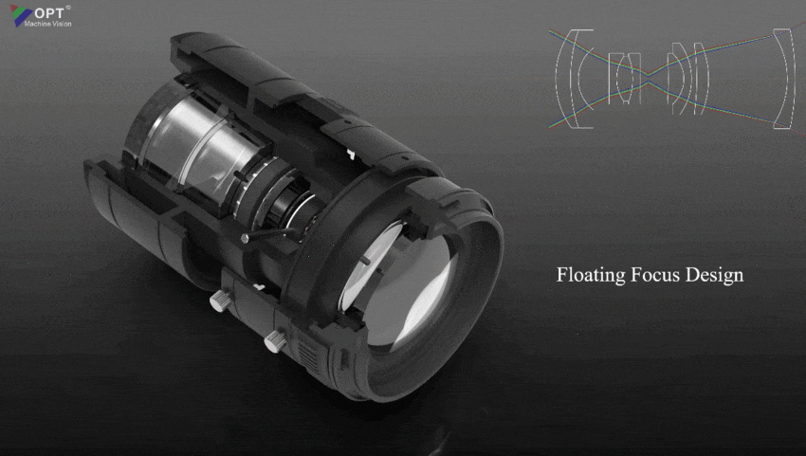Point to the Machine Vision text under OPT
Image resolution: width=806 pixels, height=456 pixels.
tap(47, 24)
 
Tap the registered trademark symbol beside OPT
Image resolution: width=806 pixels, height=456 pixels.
tap(68, 6)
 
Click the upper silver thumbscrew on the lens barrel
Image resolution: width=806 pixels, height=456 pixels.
tap(218, 301)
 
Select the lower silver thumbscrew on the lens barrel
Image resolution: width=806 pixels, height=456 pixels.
tap(276, 340)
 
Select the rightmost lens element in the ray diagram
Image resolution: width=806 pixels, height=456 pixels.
tap(782, 78)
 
